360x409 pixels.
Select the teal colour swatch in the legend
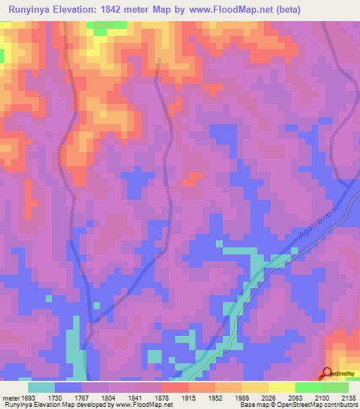41,387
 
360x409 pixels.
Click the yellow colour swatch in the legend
281,387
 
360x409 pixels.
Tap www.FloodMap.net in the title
229,10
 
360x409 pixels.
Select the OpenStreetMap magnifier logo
327,373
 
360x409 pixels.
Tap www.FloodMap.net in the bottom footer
144,405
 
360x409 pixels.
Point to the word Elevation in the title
81,10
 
